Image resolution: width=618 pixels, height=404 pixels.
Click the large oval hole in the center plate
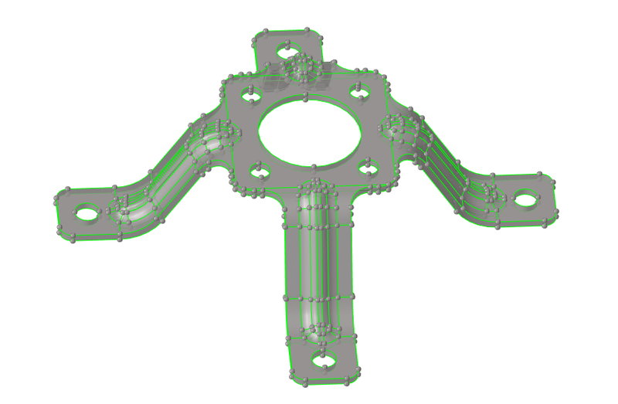[311, 132]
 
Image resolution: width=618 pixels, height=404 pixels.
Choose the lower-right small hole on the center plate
[368, 165]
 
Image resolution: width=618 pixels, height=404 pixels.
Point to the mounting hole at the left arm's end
[87, 211]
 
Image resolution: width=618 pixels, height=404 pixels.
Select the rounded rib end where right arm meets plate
[400, 124]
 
